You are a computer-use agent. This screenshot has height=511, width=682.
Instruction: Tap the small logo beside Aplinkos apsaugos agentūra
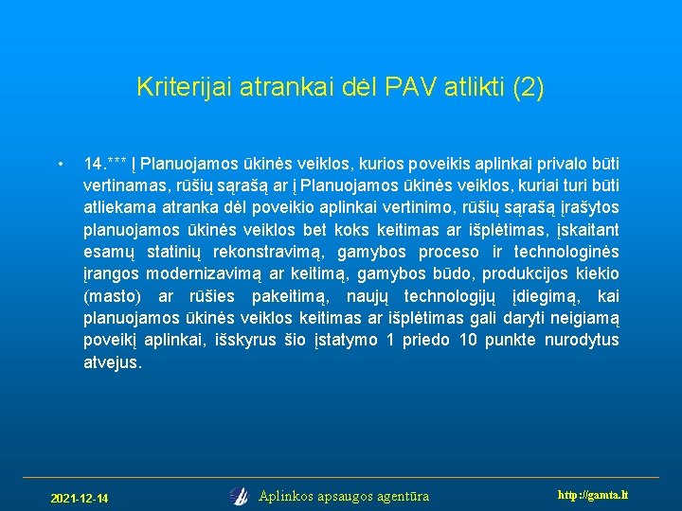point(239,496)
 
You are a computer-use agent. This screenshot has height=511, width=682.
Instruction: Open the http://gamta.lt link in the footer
point(594,495)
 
